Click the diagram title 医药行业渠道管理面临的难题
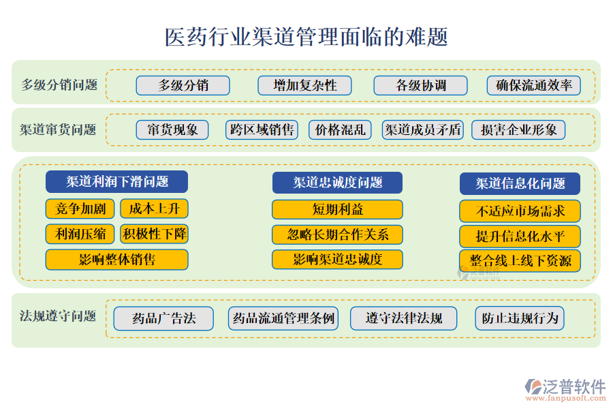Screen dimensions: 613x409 (306, 37)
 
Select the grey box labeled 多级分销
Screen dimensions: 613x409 (183, 85)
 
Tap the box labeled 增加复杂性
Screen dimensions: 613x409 (304, 85)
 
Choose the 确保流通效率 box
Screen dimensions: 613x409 (533, 85)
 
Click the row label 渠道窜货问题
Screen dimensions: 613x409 (58, 130)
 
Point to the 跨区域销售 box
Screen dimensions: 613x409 (262, 130)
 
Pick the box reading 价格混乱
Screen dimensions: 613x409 (340, 130)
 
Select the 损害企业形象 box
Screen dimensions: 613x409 (518, 130)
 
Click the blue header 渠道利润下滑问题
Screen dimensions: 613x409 (117, 181)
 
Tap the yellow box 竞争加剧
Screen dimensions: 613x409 (80, 209)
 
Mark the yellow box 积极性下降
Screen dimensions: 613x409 (155, 234)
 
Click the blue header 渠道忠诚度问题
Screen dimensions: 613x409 (337, 183)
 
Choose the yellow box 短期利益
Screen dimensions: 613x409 (337, 209)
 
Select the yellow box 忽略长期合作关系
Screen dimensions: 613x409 (337, 234)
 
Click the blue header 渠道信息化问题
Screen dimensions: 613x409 (520, 183)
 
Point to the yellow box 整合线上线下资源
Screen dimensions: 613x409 (520, 260)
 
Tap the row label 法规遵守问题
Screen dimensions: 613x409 (58, 316)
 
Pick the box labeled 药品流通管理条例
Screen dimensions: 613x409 (283, 318)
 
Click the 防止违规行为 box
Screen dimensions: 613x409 (520, 318)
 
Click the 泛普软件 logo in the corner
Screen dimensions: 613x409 (565, 390)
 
